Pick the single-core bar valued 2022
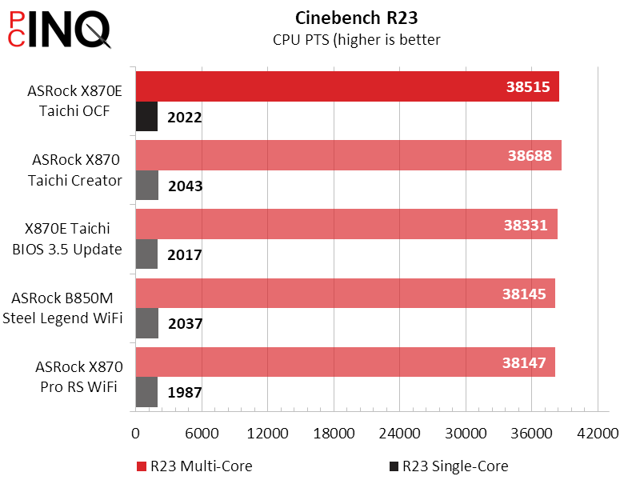tap(146, 117)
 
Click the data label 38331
tap(526, 225)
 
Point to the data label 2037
tap(186, 324)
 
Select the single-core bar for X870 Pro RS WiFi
tap(146, 392)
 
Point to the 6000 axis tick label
tap(202, 434)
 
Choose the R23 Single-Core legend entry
tap(448, 466)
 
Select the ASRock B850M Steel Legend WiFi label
tap(67, 309)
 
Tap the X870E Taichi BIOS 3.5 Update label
tap(67, 239)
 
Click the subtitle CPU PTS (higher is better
tap(356, 39)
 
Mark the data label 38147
tap(524, 362)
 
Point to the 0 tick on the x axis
tap(135, 434)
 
